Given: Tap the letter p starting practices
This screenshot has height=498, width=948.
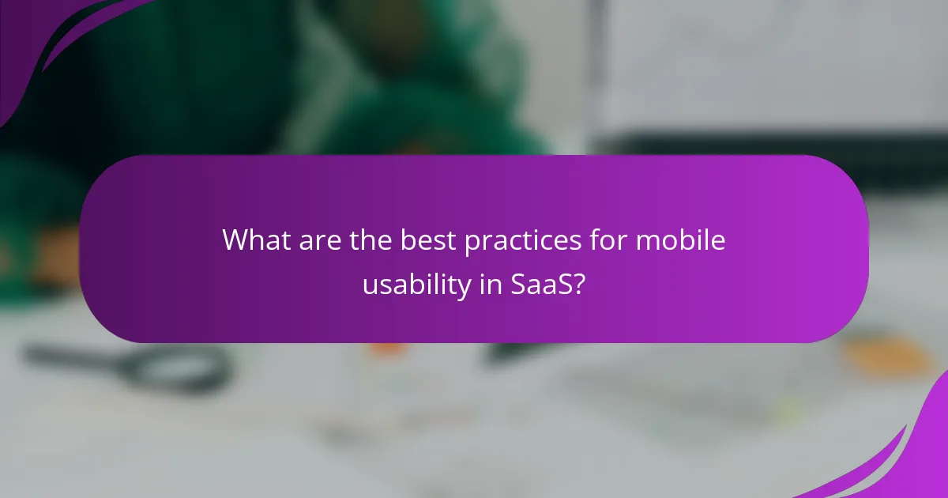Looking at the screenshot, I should (472, 243).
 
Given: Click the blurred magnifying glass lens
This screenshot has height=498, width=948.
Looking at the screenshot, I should (189, 368).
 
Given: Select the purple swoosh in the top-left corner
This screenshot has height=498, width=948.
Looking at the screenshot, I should (47, 40).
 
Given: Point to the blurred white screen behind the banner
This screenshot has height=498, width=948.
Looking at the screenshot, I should (774, 71).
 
